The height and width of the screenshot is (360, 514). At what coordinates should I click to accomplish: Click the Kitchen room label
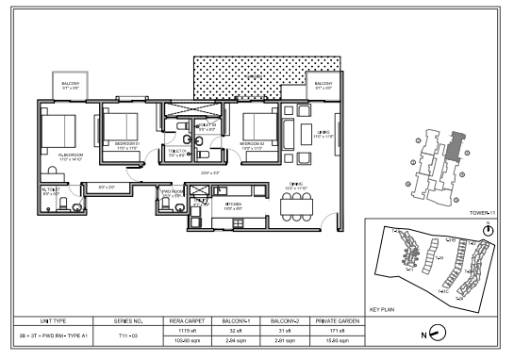point(233,204)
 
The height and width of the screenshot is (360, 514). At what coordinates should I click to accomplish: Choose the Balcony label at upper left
point(71,85)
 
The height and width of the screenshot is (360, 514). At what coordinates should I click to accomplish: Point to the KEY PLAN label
point(379,308)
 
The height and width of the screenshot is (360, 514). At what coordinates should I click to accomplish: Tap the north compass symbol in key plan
point(487,231)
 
